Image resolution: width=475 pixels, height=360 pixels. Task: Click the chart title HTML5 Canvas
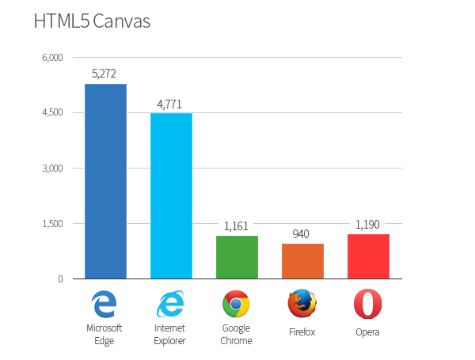[92, 21]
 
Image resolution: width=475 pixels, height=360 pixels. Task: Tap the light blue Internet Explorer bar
[171, 195]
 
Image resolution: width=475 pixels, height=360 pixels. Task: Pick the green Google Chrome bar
[237, 257]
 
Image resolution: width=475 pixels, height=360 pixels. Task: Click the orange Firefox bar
[302, 261]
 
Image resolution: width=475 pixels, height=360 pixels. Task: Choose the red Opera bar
[368, 256]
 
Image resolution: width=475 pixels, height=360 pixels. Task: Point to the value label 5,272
[105, 74]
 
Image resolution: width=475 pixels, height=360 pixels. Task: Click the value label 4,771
[171, 104]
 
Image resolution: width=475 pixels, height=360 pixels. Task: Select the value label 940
[302, 234]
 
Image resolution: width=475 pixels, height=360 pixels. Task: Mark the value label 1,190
[368, 225]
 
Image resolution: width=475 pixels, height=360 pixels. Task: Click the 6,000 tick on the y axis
[52, 58]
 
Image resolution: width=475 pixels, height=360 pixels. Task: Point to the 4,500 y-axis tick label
[52, 113]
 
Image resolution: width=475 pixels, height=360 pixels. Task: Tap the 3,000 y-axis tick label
[52, 169]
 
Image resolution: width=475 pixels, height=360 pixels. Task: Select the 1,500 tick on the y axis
[52, 224]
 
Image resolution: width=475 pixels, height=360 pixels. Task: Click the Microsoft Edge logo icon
[104, 304]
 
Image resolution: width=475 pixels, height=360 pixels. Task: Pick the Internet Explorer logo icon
[171, 304]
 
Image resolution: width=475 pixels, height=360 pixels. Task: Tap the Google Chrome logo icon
[237, 304]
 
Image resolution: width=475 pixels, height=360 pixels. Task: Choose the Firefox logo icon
[302, 304]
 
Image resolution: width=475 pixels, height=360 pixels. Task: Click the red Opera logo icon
[367, 304]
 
